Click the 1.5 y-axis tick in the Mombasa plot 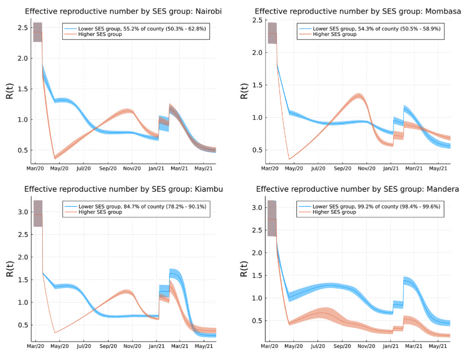[x=257, y=85]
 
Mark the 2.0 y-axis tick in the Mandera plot [x=257, y=253]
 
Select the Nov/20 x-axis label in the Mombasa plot [x=366, y=168]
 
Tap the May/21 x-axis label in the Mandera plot [x=438, y=345]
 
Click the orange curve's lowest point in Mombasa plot [x=290, y=159]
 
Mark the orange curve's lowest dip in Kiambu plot [x=55, y=332]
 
